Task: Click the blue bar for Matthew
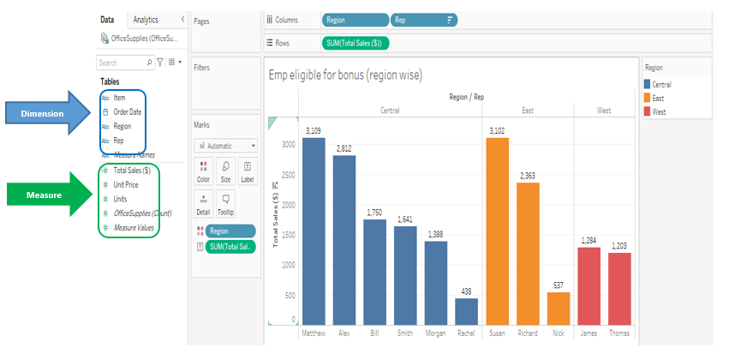coord(314,231)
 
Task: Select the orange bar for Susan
coord(497,231)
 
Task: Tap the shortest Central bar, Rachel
coord(466,312)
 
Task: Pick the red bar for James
coord(589,286)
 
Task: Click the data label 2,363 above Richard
coord(528,176)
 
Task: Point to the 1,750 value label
coord(374,213)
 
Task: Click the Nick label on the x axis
coord(559,333)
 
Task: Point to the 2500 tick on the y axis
coord(288,174)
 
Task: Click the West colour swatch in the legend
coord(647,111)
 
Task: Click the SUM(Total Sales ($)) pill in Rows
coord(356,43)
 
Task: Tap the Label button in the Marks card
coord(248,171)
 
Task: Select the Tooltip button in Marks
coord(225,204)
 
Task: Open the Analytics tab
coord(146,20)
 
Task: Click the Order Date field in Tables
coord(128,112)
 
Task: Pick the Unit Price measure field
coord(126,184)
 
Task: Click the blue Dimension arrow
coord(48,113)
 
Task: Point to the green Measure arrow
coord(48,195)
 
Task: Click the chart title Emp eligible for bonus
coord(345,75)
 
